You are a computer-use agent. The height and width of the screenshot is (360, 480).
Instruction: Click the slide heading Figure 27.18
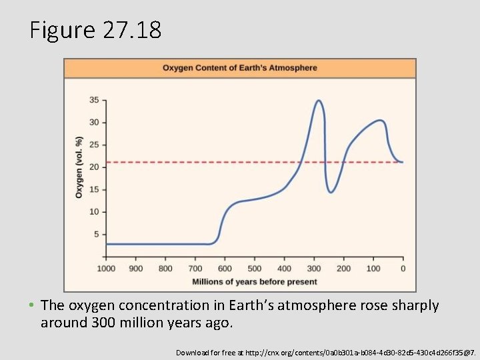(95, 30)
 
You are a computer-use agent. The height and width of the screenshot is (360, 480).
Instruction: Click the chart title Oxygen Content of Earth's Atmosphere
(240, 68)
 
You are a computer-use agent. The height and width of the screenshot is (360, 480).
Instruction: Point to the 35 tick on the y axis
(94, 100)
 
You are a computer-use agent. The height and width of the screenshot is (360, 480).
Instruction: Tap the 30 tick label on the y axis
(94, 123)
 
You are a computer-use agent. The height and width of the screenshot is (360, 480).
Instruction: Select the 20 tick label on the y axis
(94, 167)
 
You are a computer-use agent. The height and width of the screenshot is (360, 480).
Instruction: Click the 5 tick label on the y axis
(96, 234)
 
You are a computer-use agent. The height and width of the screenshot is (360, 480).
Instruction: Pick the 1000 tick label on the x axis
(106, 269)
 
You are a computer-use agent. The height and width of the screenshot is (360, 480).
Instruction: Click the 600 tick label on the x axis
(225, 269)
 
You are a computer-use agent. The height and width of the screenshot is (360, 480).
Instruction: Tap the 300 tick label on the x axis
(313, 269)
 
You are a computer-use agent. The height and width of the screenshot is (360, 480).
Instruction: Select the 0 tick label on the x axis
(403, 269)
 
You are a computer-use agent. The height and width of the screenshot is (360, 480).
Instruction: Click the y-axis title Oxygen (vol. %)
(79, 167)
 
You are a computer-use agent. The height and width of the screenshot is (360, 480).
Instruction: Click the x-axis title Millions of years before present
(255, 282)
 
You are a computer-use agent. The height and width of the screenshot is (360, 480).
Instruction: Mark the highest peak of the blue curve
(319, 101)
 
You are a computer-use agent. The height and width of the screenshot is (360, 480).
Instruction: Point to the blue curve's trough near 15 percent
(331, 192)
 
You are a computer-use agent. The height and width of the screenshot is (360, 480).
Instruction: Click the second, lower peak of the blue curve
(380, 120)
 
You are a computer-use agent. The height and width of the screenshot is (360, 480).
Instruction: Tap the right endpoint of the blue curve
(402, 162)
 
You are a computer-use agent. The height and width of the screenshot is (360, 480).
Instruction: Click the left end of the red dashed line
(107, 162)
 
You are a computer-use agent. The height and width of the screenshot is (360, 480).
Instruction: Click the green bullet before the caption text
(32, 306)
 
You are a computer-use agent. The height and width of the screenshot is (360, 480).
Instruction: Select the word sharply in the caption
(417, 306)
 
